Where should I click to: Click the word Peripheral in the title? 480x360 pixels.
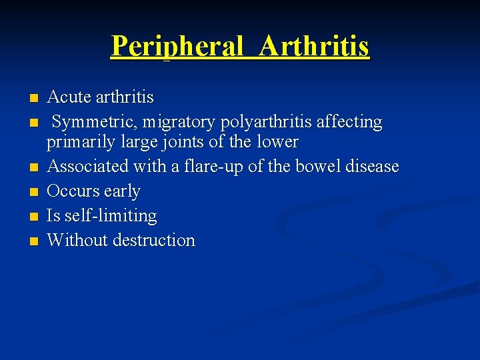(x=177, y=46)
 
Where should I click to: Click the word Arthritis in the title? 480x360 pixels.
(x=315, y=46)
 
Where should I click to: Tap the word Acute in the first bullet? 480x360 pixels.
(x=69, y=97)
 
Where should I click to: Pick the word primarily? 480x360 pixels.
(x=77, y=142)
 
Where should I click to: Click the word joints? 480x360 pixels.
(x=185, y=142)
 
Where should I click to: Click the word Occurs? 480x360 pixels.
(x=74, y=191)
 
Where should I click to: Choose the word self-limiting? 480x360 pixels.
(x=111, y=216)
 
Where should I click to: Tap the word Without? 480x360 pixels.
(x=77, y=240)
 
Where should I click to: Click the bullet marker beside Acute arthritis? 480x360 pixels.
(x=33, y=99)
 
